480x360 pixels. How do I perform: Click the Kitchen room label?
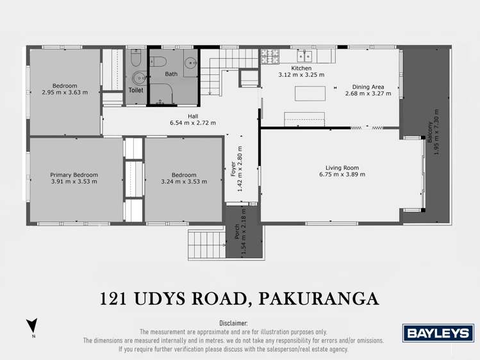point(301,68)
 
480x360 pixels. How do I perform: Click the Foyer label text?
point(233,168)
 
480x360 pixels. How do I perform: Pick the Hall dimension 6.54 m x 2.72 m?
point(192,123)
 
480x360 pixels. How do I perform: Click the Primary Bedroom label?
point(74,174)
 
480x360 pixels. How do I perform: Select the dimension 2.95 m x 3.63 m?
point(65,93)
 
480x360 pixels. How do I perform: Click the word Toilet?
point(136,91)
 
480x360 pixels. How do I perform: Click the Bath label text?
point(171,74)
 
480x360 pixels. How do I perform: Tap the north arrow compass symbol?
point(32,326)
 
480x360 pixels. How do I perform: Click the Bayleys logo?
point(438,333)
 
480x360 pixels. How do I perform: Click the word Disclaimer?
point(233,323)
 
